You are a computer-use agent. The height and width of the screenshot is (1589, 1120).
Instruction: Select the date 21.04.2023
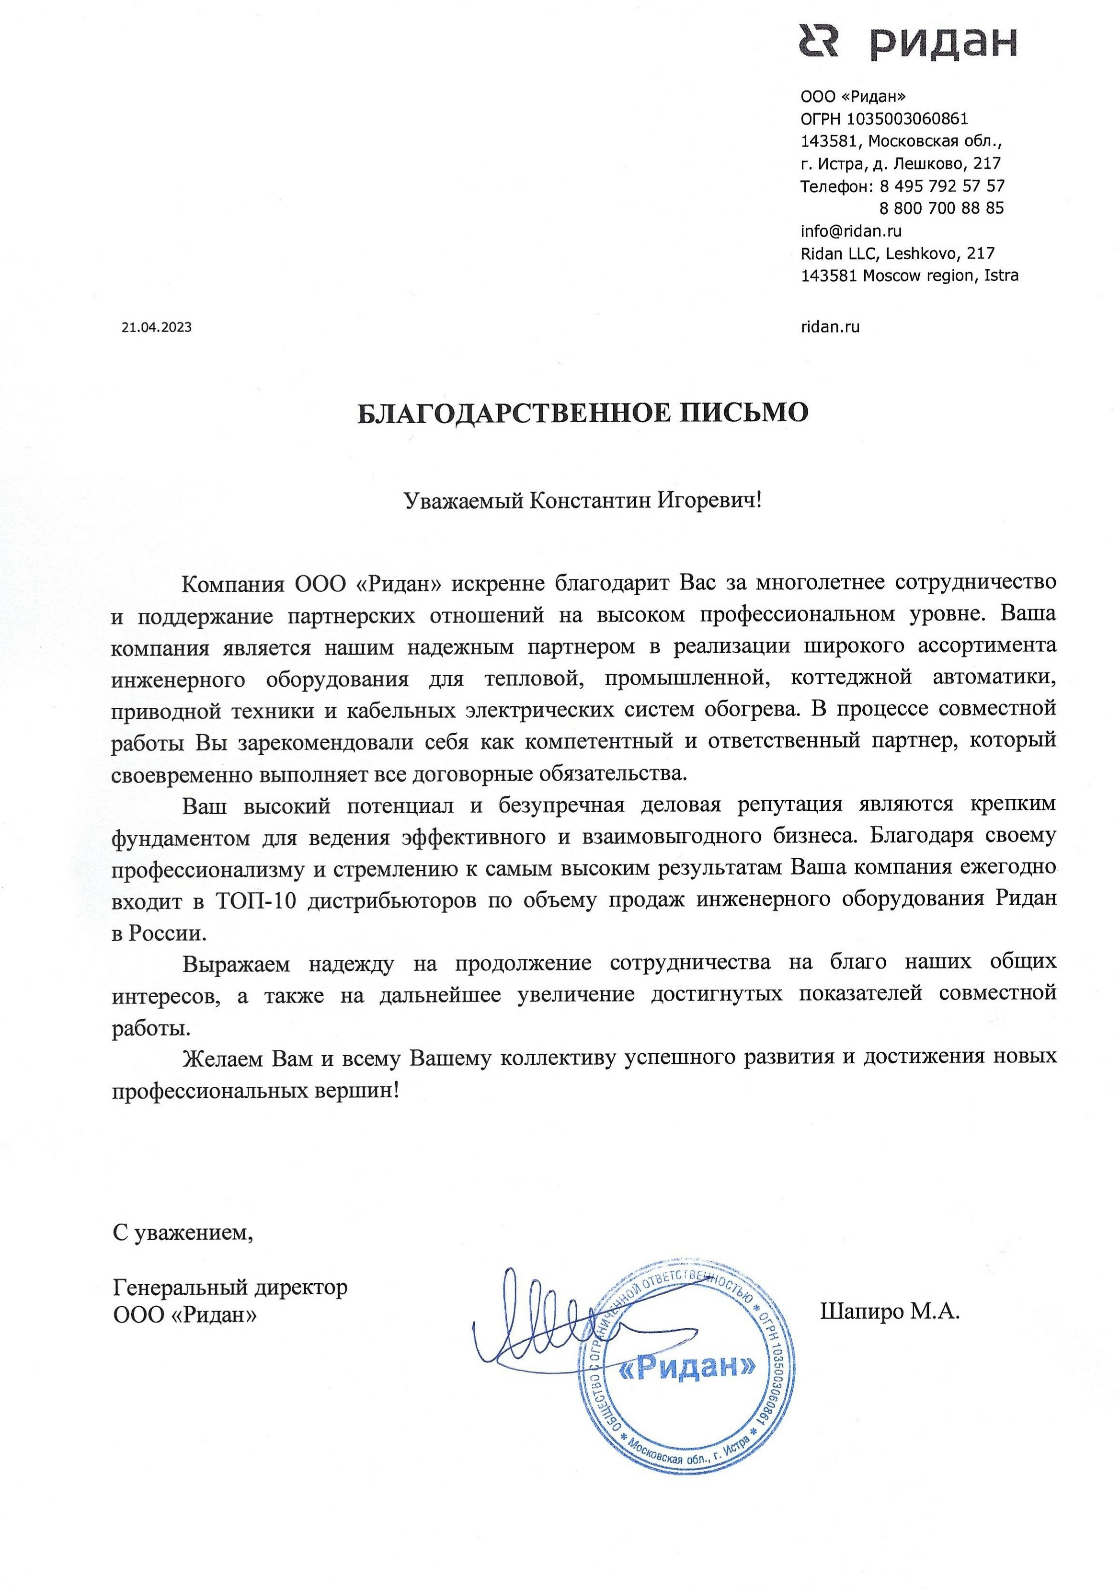pos(156,327)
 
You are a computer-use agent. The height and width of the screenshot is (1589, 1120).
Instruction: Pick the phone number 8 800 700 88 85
pos(941,207)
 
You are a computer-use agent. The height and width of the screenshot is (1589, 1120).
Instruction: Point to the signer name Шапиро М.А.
pos(890,1311)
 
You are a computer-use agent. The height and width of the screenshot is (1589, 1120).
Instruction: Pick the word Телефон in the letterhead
pos(834,185)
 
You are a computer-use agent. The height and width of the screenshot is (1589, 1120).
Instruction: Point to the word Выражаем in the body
pos(236,962)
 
